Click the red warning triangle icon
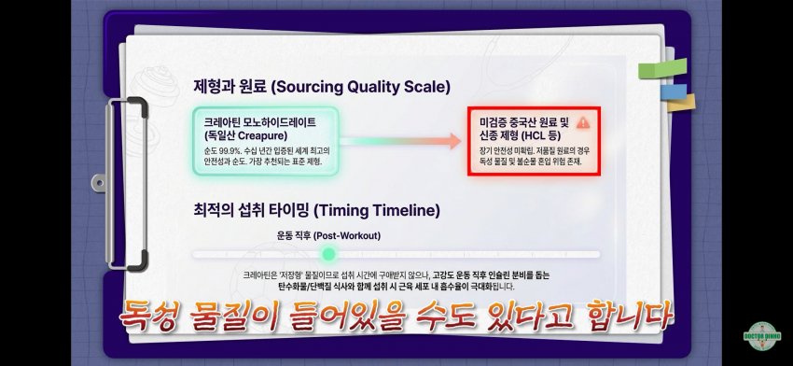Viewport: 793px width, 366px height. click(583, 122)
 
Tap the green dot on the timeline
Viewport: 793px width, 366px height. click(328, 254)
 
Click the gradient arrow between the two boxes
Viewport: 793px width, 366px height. click(399, 141)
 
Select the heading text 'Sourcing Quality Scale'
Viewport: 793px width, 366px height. click(360, 87)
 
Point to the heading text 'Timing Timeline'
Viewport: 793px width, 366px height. click(376, 211)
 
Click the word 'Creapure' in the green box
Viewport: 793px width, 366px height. click(262, 135)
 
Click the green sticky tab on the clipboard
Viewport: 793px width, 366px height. click(662, 68)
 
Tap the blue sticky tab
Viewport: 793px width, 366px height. click(674, 92)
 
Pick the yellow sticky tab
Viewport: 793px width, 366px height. click(681, 104)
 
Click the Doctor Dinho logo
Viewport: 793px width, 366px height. click(762, 336)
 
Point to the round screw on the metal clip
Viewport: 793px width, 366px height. click(100, 182)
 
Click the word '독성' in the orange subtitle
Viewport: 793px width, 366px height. click(150, 316)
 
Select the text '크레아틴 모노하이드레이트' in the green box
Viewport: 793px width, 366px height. click(260, 122)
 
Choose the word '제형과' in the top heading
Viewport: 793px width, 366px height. click(213, 87)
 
